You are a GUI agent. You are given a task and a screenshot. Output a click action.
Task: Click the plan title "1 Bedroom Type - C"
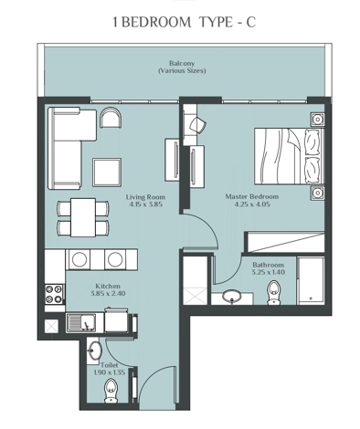pyautogui.click(x=180, y=23)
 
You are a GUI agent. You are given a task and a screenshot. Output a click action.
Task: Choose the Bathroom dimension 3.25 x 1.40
pyautogui.click(x=269, y=271)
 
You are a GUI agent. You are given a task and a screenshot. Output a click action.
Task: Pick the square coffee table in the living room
pyautogui.click(x=107, y=171)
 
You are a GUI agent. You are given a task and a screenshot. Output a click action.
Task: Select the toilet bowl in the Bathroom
pyautogui.click(x=273, y=292)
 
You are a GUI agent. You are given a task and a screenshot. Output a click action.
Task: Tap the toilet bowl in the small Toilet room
pyautogui.click(x=111, y=392)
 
